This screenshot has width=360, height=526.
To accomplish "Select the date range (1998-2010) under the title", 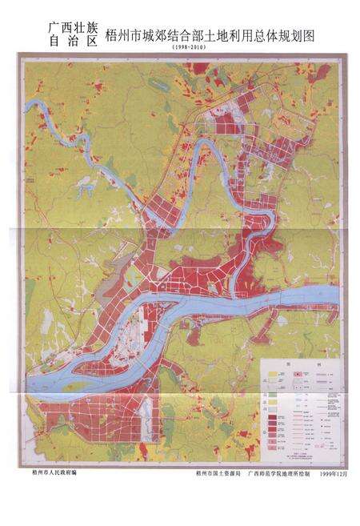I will click(188, 50).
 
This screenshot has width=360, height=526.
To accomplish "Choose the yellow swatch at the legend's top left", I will click(272, 373).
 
